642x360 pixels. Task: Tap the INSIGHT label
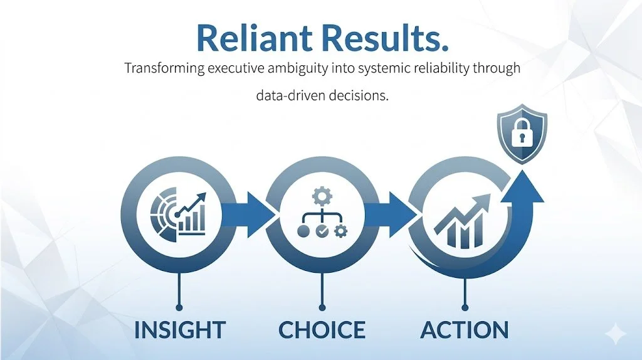pyautogui.click(x=179, y=330)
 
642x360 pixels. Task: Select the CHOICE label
pyautogui.click(x=322, y=330)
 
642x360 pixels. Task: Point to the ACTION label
pyautogui.click(x=465, y=330)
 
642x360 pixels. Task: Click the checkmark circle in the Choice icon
pyautogui.click(x=322, y=231)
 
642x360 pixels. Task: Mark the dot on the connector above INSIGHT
pyautogui.click(x=179, y=307)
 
